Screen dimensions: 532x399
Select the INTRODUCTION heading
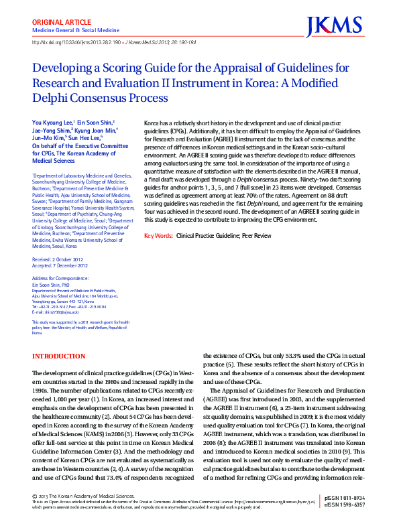(59, 356)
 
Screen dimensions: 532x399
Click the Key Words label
(158, 236)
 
